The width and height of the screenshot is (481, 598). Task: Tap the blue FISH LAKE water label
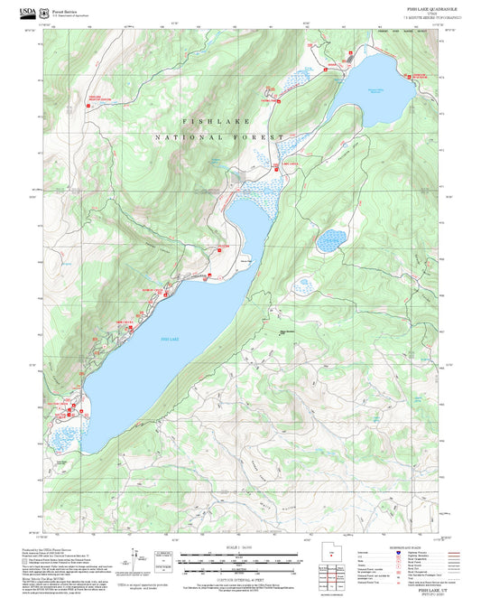(x=170, y=338)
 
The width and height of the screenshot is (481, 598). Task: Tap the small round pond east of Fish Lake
(x=332, y=239)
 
